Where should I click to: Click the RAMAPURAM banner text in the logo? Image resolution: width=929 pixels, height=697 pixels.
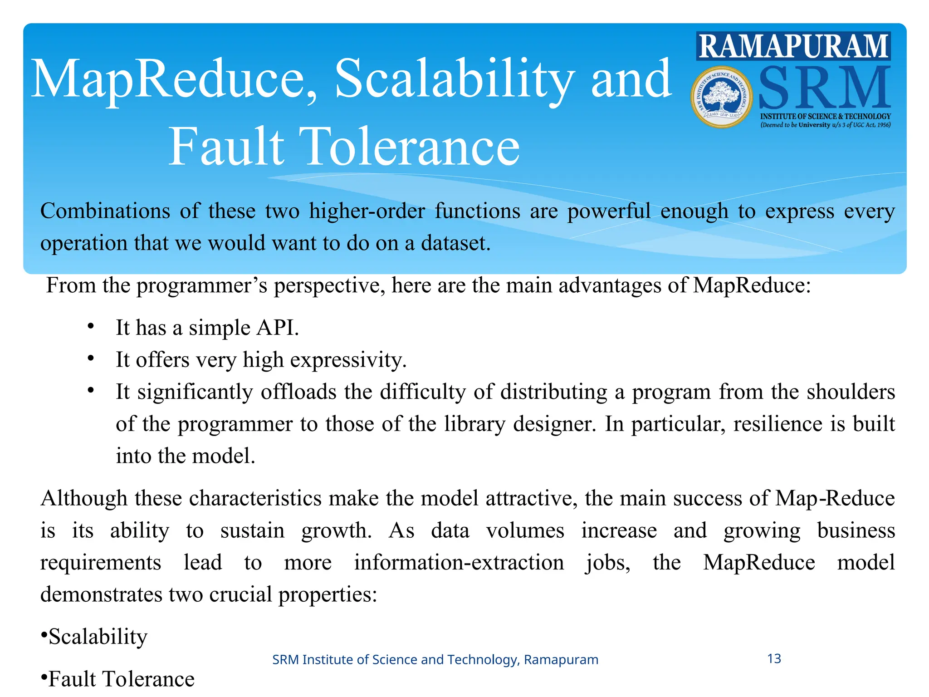(x=793, y=46)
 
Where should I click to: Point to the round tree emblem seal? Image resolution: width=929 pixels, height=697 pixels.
(x=721, y=97)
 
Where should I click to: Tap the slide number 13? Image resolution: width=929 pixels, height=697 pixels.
(x=774, y=658)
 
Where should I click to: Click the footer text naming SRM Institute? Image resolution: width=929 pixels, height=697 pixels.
(x=435, y=659)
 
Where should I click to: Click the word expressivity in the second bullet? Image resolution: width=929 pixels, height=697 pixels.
(x=348, y=360)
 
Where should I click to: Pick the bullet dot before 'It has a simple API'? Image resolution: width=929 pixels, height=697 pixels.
(x=91, y=326)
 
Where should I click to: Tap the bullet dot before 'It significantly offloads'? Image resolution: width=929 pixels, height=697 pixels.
(x=91, y=390)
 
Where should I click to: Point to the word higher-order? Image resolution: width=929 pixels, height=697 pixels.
(x=367, y=211)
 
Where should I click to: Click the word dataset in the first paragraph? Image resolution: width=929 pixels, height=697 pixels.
(x=455, y=243)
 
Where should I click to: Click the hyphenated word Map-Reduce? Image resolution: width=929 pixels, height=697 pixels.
(x=835, y=498)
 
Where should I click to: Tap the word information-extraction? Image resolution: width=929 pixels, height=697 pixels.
(x=459, y=563)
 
